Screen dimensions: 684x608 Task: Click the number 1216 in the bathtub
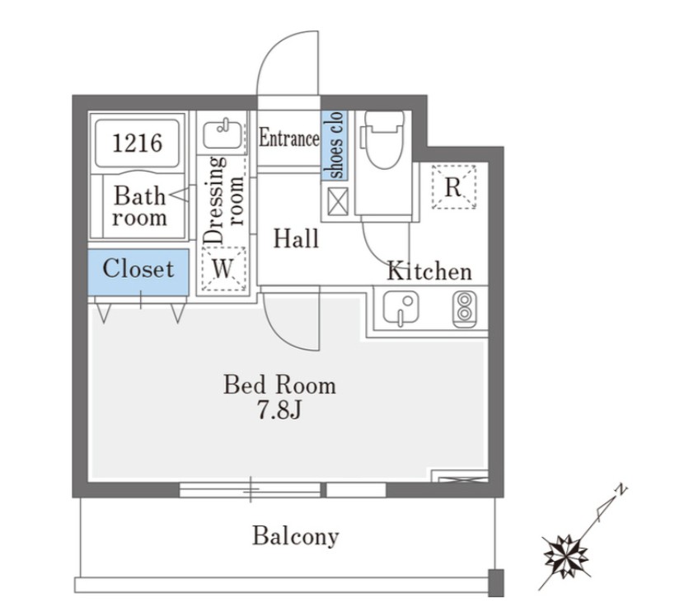(x=138, y=143)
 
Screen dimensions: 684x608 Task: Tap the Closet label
(x=138, y=268)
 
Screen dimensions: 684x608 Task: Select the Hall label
(x=296, y=238)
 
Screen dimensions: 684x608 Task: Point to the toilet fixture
(x=384, y=139)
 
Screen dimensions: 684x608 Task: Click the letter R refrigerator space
(x=453, y=187)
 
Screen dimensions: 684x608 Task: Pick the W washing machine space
(x=223, y=268)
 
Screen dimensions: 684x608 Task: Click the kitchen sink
(x=401, y=309)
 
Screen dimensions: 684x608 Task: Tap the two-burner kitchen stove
(x=464, y=309)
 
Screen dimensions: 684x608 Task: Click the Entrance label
(x=289, y=139)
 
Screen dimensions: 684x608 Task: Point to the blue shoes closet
(x=335, y=145)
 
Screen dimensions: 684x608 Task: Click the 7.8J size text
(x=279, y=411)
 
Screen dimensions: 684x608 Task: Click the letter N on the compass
(x=621, y=490)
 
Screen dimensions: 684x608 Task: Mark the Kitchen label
(x=429, y=271)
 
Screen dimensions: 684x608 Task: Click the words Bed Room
(x=279, y=384)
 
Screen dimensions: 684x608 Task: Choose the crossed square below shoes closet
(x=338, y=201)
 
